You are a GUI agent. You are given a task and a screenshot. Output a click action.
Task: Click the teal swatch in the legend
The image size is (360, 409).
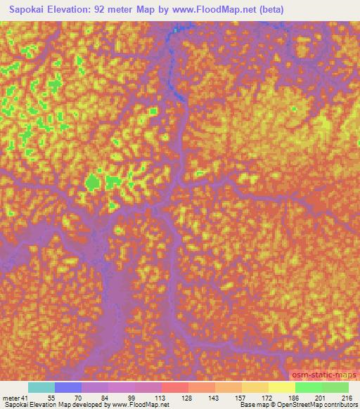pos(41,387)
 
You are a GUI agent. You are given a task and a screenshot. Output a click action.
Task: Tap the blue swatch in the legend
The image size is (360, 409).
pos(68,387)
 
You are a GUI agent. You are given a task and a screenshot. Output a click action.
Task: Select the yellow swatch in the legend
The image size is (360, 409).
pos(281,387)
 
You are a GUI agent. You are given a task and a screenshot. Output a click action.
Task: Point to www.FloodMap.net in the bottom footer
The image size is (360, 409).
pos(139,405)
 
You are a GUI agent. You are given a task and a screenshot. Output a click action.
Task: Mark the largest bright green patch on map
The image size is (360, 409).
pos(92,183)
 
